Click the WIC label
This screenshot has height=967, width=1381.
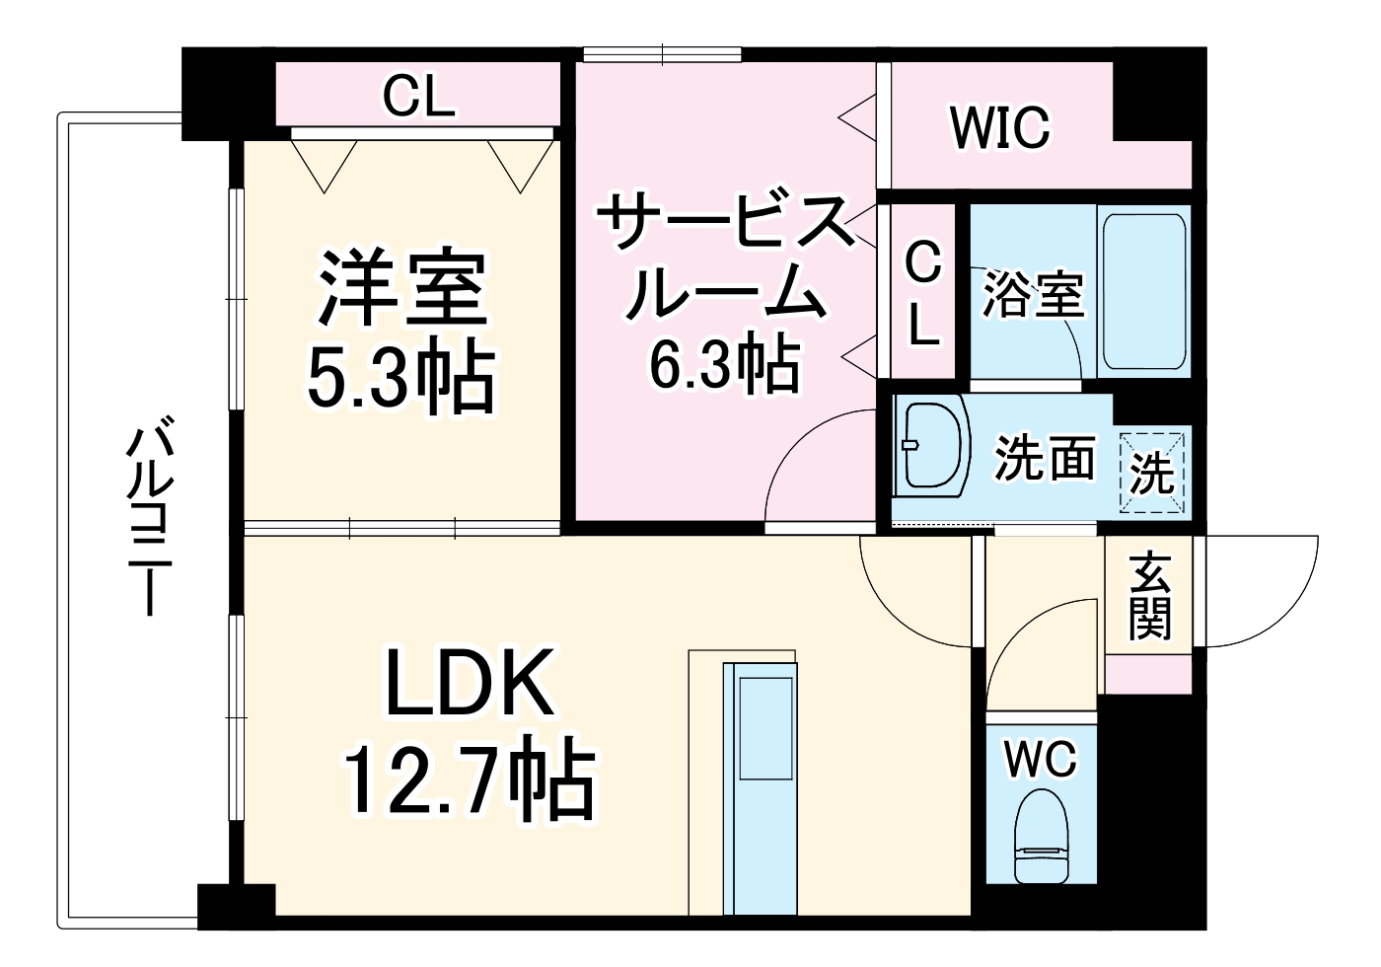[x=1000, y=127]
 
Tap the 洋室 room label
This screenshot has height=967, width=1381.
[x=401, y=288]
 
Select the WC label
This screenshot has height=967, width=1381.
[x=1041, y=760]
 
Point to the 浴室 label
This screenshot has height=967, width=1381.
[x=1033, y=293]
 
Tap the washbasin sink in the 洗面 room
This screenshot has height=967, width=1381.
[x=932, y=446]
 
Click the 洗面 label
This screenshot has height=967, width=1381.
[x=1045, y=458]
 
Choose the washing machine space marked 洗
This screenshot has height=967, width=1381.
[x=1152, y=472]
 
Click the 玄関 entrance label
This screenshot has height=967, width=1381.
[x=1149, y=596]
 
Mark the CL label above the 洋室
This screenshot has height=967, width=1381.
[x=418, y=96]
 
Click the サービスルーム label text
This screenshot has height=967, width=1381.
[x=726, y=257]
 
